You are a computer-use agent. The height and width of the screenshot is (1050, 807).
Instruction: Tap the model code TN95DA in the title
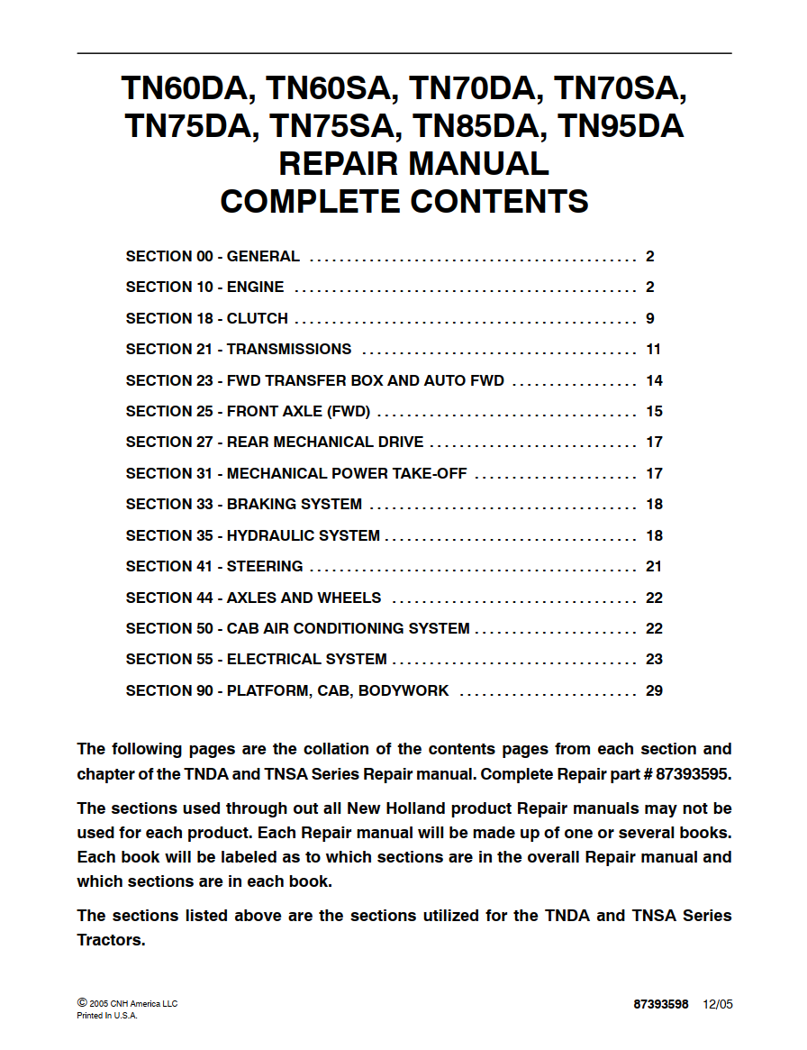click(621, 126)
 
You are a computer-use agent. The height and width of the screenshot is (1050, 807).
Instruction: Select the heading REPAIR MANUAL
click(413, 164)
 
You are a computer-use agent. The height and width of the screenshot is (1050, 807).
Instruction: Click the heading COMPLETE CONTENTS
click(404, 201)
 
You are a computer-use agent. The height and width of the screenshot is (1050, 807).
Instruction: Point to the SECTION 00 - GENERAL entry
click(213, 257)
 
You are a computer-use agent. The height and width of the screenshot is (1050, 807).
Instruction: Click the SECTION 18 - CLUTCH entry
click(207, 318)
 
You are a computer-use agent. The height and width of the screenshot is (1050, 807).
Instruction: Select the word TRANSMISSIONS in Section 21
click(289, 350)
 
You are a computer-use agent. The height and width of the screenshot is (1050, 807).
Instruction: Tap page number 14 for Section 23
click(654, 380)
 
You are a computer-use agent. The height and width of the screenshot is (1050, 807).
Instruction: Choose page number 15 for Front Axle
click(654, 412)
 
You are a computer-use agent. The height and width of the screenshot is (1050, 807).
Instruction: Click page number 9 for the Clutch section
click(650, 318)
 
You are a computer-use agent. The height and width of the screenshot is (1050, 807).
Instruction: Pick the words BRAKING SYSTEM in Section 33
click(295, 505)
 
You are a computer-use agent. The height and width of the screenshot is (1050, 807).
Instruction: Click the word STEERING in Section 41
click(265, 567)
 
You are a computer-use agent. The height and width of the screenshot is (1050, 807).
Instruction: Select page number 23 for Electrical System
click(654, 660)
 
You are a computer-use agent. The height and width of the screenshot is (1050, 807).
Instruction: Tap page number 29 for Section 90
click(654, 691)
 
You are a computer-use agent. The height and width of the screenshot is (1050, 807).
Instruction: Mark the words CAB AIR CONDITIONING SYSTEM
click(349, 629)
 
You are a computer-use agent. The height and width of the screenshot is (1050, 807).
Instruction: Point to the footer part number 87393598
click(660, 1004)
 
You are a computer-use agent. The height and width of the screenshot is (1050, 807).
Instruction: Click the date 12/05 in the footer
click(718, 1004)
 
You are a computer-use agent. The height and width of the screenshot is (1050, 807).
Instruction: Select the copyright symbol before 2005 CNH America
click(82, 1002)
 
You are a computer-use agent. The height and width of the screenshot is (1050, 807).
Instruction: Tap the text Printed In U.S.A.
click(107, 1016)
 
